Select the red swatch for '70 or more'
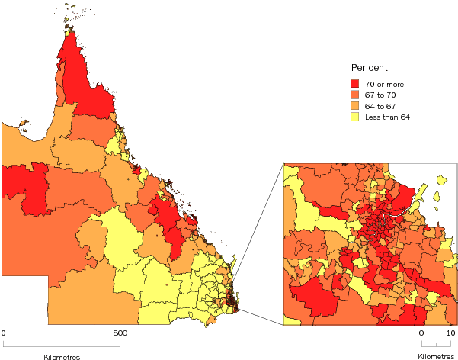(x=354, y=84)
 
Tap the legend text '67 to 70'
(x=380, y=95)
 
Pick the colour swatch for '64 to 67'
(x=354, y=106)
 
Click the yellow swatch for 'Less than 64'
(x=354, y=117)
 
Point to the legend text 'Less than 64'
(x=386, y=117)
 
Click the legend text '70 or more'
(x=383, y=84)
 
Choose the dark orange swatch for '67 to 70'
(x=354, y=95)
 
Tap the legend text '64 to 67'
(x=380, y=106)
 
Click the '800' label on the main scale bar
(x=120, y=333)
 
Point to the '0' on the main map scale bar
(x=4, y=333)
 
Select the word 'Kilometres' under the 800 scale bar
(x=61, y=355)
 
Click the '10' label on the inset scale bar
(x=451, y=333)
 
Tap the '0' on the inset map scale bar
(x=421, y=333)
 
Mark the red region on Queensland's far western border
(x=23, y=187)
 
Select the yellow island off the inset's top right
(x=441, y=181)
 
